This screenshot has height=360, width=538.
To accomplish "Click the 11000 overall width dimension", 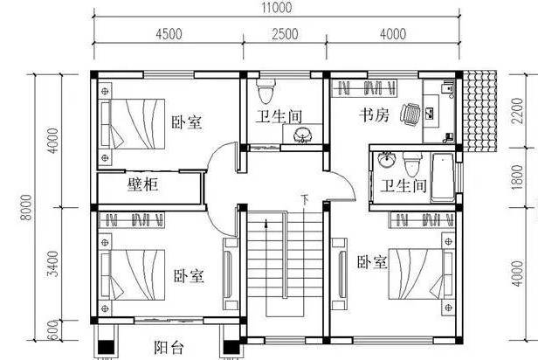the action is click(277, 8).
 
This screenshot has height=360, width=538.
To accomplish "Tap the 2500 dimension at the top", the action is click(285, 34).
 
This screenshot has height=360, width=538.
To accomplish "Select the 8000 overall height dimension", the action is click(26, 207).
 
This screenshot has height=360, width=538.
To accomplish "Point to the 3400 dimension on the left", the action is click(52, 264).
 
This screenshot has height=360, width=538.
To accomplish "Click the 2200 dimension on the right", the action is click(517, 110).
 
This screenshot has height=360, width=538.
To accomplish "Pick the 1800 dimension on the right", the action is click(517, 177).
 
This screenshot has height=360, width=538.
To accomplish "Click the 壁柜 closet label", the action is click(142, 184).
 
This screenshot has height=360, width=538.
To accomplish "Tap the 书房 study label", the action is click(375, 114).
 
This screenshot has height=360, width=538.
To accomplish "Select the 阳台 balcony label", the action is click(169, 347).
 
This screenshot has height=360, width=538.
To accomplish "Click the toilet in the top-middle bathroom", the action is click(266, 91).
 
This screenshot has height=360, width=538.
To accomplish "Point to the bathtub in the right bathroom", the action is click(443, 177).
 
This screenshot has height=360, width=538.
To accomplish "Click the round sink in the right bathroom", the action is click(387, 160).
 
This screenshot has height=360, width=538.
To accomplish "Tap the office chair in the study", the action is click(410, 113).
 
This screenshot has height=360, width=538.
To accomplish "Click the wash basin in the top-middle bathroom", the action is click(302, 135).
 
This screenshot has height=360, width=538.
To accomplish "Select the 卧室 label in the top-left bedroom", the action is click(187, 122).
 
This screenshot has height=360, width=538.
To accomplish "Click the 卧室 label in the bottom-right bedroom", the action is click(372, 262).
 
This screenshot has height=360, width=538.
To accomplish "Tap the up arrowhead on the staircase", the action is click(266, 224).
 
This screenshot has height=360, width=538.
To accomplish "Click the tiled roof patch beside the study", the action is click(479, 111).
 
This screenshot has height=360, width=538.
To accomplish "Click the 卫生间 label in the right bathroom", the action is click(403, 186).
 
